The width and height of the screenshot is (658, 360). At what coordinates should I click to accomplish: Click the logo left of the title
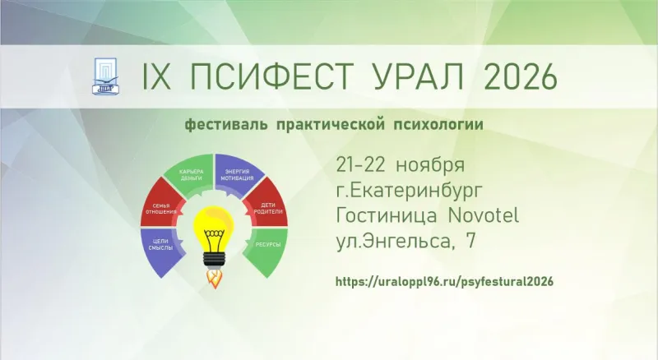pyautogui.click(x=105, y=76)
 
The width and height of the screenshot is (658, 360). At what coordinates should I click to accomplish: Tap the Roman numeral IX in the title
pyautogui.click(x=156, y=76)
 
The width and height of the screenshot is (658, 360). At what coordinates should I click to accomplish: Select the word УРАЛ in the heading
pyautogui.click(x=418, y=76)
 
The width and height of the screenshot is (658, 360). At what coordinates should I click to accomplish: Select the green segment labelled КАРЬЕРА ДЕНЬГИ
pyautogui.click(x=190, y=173)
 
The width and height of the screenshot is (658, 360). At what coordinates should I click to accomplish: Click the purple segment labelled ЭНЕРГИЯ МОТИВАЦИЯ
pyautogui.click(x=238, y=173)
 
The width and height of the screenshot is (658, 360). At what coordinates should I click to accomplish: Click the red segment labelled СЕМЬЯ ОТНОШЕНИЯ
pyautogui.click(x=162, y=205)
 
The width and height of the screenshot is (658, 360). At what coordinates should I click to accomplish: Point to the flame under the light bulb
pyautogui.click(x=215, y=279)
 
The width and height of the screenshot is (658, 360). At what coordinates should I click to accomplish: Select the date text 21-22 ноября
pyautogui.click(x=401, y=165)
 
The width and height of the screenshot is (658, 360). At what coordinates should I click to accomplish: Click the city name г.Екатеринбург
pyautogui.click(x=409, y=190)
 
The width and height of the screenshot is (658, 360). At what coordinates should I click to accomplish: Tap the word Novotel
pyautogui.click(x=484, y=215)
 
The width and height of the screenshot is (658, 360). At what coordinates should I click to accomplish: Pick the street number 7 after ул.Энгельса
pyautogui.click(x=470, y=241)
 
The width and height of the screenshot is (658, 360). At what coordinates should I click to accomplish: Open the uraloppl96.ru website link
pyautogui.click(x=444, y=281)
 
